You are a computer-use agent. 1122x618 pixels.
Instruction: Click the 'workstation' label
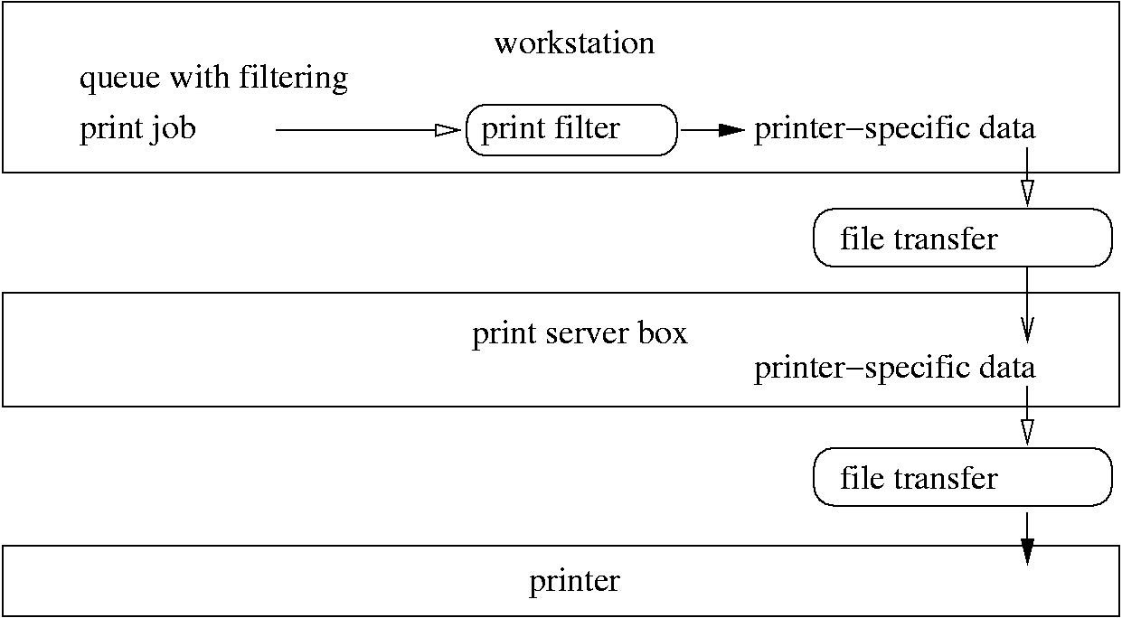[x=574, y=43]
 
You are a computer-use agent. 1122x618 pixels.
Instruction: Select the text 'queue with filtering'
[x=213, y=79]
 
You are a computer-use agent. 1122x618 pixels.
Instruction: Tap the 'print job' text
[x=137, y=129]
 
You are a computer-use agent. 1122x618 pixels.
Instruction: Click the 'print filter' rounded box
[x=571, y=129]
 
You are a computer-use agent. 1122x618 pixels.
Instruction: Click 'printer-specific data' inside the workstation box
[x=894, y=129]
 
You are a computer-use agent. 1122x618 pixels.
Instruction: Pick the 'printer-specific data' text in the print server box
[x=894, y=368]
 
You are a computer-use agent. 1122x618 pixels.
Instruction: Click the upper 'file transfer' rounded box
[x=962, y=239]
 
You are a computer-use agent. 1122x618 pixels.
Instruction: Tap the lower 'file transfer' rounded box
[x=962, y=477]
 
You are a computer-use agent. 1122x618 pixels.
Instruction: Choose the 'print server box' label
[x=580, y=333]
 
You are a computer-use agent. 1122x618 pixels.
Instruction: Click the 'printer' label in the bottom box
[x=574, y=580]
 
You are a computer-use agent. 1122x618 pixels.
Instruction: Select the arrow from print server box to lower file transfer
[x=1027, y=417]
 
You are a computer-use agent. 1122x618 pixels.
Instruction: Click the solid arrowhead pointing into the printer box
[x=1027, y=550]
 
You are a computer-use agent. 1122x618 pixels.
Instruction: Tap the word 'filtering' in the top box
[x=293, y=79]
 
